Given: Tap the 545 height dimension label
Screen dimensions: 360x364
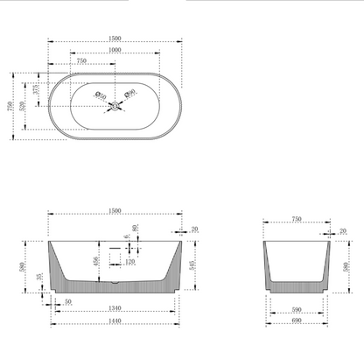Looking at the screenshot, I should pos(191,265).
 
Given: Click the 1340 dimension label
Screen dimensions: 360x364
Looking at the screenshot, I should pos(115,309).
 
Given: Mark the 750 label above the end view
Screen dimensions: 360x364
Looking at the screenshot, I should pos(296,219).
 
